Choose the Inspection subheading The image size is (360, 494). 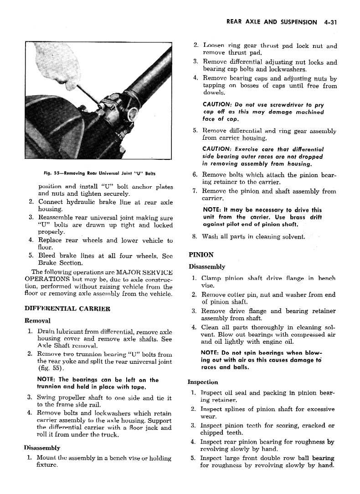203,382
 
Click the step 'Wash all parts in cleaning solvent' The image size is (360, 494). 253,237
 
